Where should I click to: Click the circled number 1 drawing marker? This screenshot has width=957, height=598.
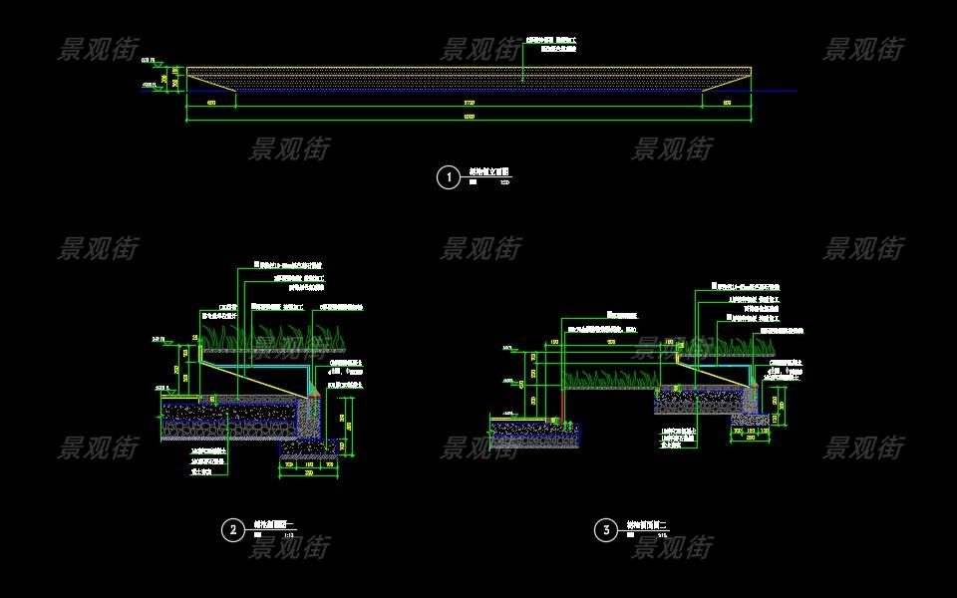(x=449, y=177)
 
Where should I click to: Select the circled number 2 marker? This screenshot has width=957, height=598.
(x=232, y=530)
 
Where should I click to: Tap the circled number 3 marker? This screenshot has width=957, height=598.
(x=606, y=530)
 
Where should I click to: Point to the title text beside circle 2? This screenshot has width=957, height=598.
(x=271, y=524)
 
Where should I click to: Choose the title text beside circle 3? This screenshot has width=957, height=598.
(x=645, y=525)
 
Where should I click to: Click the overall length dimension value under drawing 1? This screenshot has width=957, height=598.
(x=470, y=118)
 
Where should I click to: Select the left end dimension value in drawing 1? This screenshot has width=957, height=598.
(x=211, y=103)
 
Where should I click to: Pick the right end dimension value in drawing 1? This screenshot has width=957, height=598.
(x=727, y=103)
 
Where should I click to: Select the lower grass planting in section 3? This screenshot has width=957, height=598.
(x=608, y=379)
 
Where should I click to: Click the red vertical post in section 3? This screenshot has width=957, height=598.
(x=563, y=404)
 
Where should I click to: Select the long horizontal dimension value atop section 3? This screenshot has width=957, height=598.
(x=611, y=342)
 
